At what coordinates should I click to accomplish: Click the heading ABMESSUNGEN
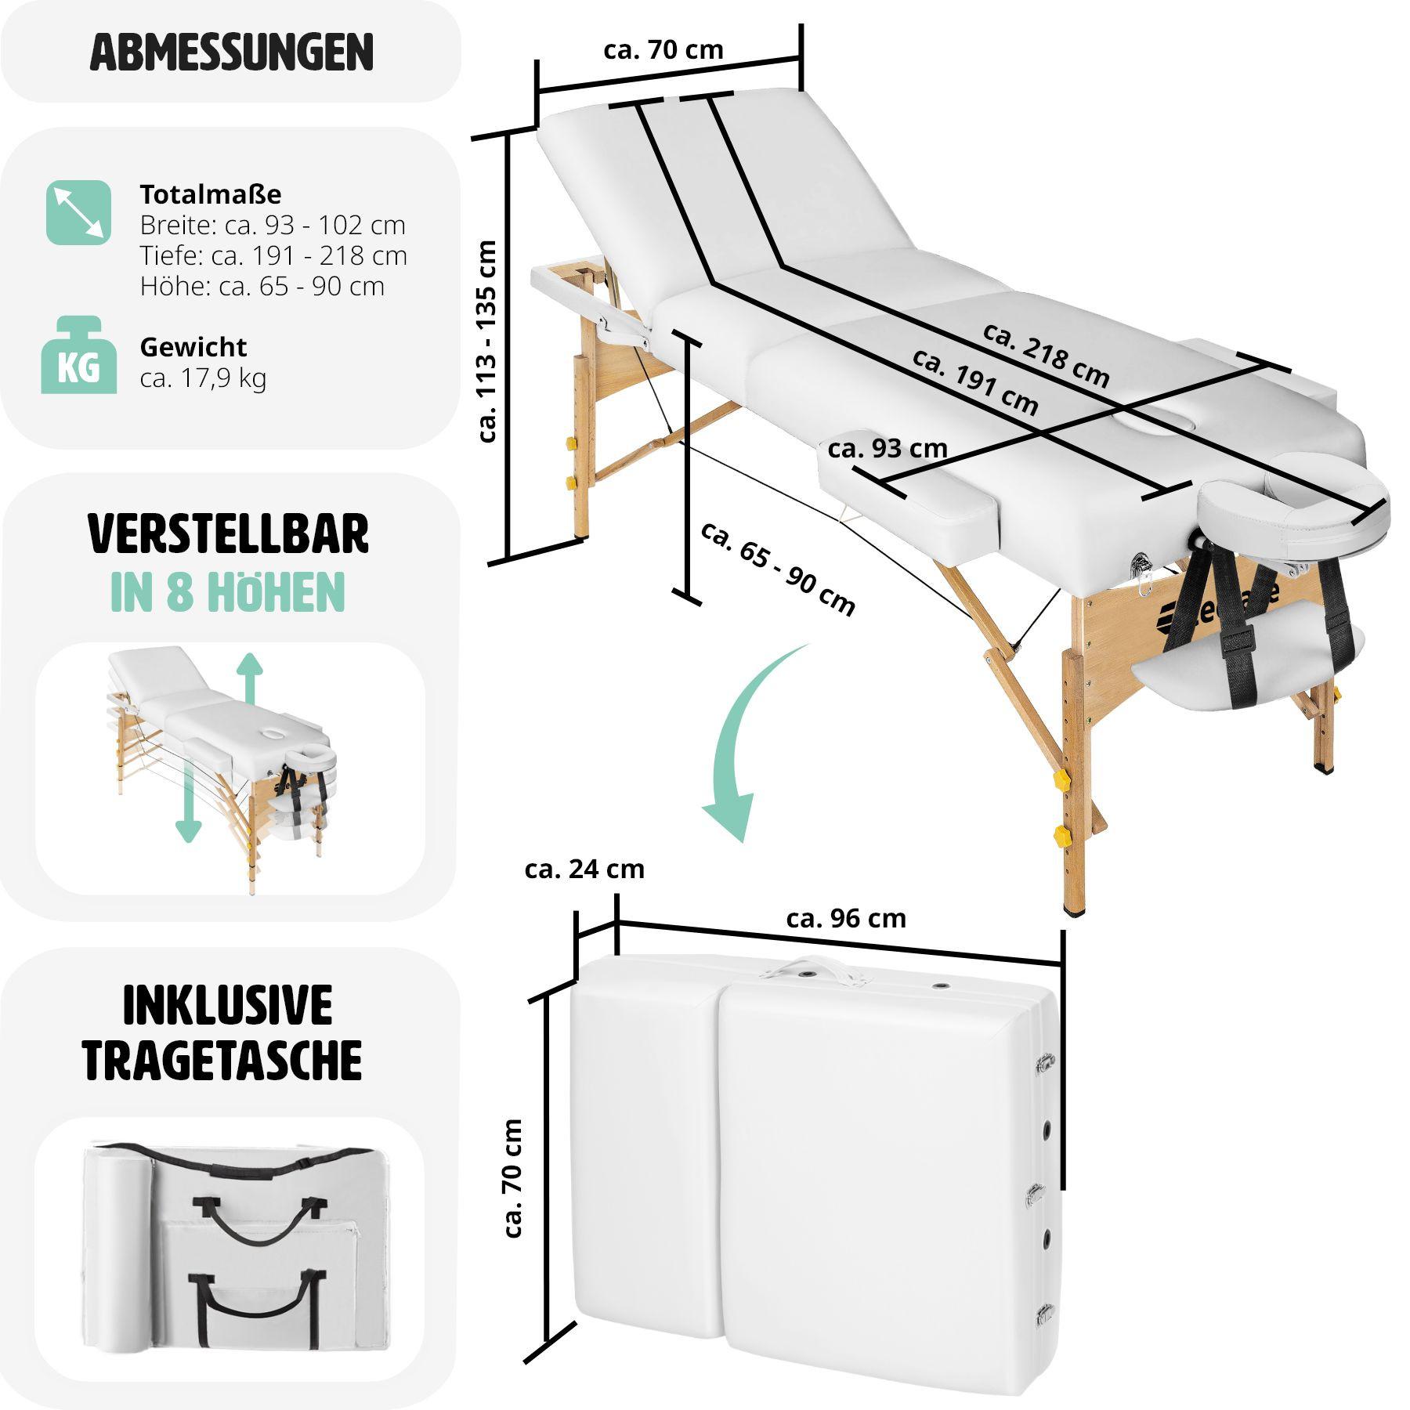coord(231,52)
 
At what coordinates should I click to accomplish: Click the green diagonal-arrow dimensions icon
coord(78,212)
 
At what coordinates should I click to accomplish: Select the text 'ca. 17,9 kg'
coord(203,378)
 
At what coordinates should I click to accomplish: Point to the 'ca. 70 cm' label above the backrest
coord(663,50)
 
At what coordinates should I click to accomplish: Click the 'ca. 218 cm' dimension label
coord(1046,356)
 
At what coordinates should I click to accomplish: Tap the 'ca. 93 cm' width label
coord(887,449)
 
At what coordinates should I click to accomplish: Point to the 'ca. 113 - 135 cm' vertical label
coord(487,341)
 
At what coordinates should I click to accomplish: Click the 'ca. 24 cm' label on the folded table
coord(584,869)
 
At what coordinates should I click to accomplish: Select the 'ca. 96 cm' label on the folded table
coord(845,918)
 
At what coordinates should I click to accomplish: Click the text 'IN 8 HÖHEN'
coord(228,593)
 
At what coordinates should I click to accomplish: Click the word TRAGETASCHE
coord(222,1061)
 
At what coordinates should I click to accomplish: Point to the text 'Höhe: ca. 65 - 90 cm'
coord(262,287)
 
